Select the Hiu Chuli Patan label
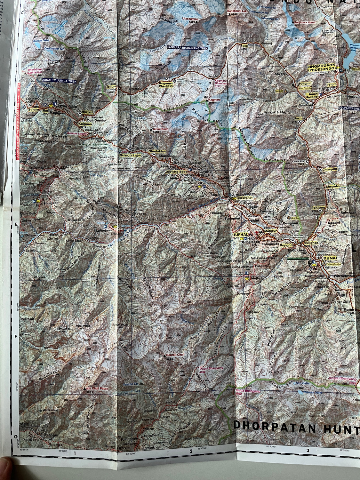tap(98, 388)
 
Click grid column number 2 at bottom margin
tap(191, 452)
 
